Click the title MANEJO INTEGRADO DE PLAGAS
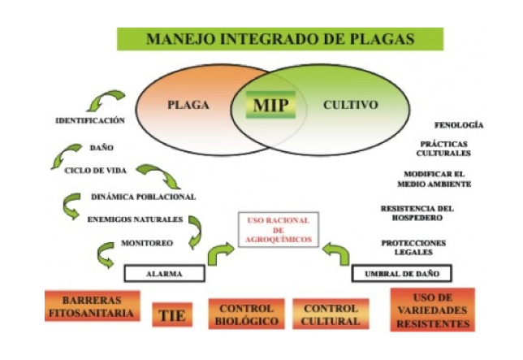(x=280, y=38)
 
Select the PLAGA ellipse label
(x=188, y=106)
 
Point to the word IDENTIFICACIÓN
(x=89, y=121)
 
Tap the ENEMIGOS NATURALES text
(x=134, y=219)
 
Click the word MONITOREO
(x=146, y=243)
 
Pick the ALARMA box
(x=164, y=274)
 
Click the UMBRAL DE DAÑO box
(x=401, y=274)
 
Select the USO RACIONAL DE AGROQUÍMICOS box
(x=278, y=229)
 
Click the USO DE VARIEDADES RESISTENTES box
(x=432, y=310)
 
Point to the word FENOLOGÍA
(x=459, y=125)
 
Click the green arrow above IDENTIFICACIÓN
(x=106, y=102)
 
